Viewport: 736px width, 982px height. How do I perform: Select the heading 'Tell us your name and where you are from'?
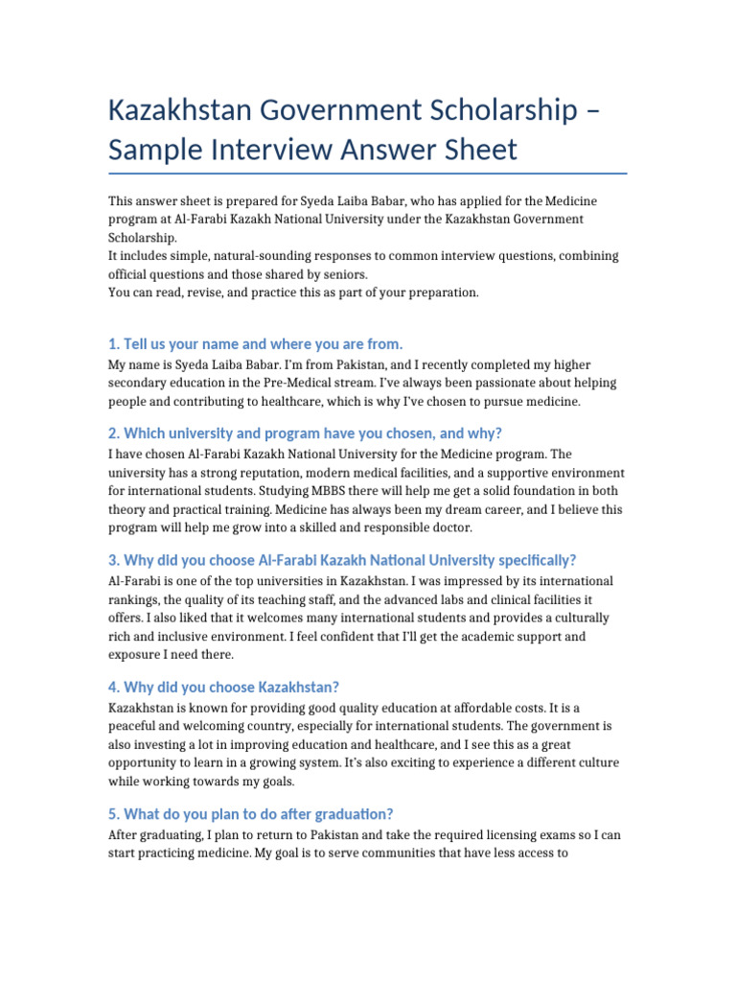point(256,343)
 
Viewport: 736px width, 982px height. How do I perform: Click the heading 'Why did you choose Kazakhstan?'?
point(224,687)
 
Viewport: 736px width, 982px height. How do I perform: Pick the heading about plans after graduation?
point(251,813)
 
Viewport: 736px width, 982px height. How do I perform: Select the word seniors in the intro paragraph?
point(333,274)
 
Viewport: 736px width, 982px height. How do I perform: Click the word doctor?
point(447,527)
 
